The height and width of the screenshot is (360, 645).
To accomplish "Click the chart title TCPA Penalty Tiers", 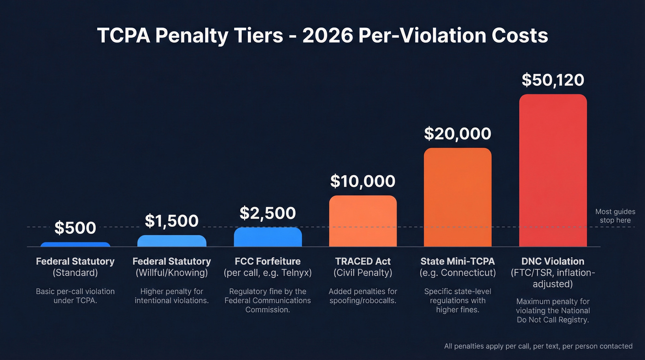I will tap(322, 35).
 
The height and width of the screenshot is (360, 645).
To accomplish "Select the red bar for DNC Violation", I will tap(553, 171).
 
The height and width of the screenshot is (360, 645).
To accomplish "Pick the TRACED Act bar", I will tap(363, 221).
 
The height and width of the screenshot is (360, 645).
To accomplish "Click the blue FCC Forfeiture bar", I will tap(268, 237).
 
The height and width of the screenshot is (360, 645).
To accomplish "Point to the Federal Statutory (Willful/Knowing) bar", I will tap(171, 241).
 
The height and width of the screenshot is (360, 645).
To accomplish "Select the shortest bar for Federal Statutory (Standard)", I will tap(75, 244).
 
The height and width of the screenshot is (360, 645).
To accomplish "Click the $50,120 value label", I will tap(553, 80).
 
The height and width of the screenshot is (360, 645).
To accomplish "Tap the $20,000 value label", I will tap(457, 134).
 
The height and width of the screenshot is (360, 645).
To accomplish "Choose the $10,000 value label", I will tap(363, 181).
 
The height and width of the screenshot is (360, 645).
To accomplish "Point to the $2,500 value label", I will tap(268, 213).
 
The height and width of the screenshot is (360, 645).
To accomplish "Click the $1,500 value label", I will tap(171, 221).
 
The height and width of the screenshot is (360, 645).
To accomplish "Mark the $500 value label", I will tap(75, 228).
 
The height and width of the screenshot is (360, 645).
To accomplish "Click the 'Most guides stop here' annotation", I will tap(616, 216).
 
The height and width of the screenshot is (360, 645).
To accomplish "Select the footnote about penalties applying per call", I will tap(538, 346).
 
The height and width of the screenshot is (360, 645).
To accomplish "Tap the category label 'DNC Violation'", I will tap(553, 261).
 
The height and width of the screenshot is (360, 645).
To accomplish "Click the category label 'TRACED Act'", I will tap(363, 261).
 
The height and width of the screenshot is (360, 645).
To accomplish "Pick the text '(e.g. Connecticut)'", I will tap(457, 273).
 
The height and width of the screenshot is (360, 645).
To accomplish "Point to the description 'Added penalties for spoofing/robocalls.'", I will tap(363, 296).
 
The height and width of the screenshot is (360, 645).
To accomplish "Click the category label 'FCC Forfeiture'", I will tap(268, 261).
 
